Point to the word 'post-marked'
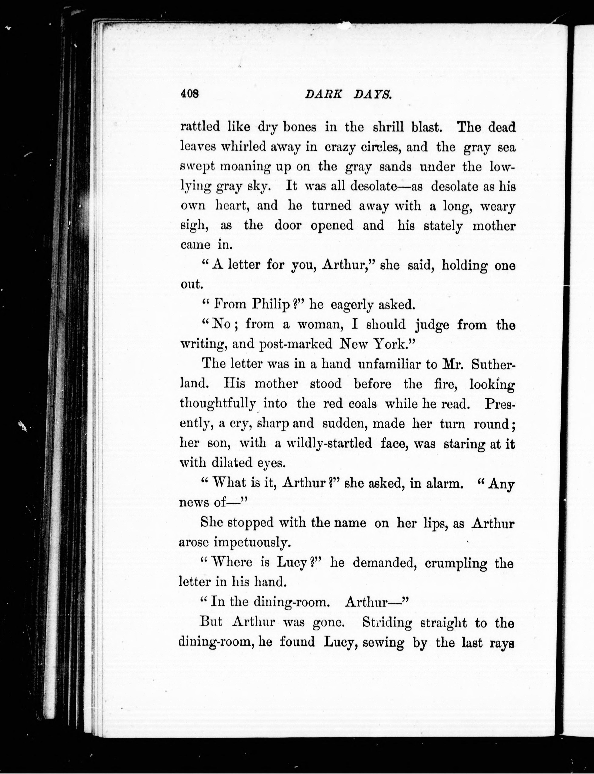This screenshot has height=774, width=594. (x=296, y=344)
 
